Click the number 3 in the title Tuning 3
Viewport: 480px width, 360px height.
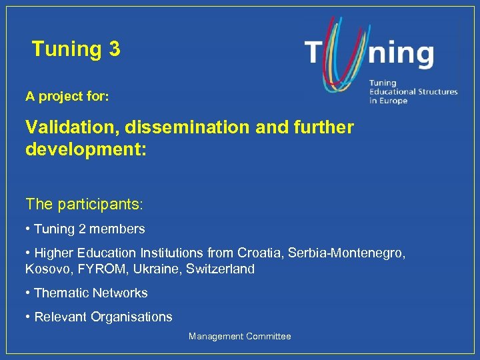click(113, 49)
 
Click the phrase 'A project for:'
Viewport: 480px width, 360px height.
click(67, 97)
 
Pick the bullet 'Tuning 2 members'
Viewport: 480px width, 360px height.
click(89, 229)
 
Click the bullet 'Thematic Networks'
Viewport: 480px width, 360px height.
click(90, 293)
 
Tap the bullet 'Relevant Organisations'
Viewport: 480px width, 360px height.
click(103, 317)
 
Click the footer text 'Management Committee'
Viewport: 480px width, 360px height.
click(239, 337)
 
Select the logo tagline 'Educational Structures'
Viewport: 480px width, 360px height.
click(413, 92)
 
